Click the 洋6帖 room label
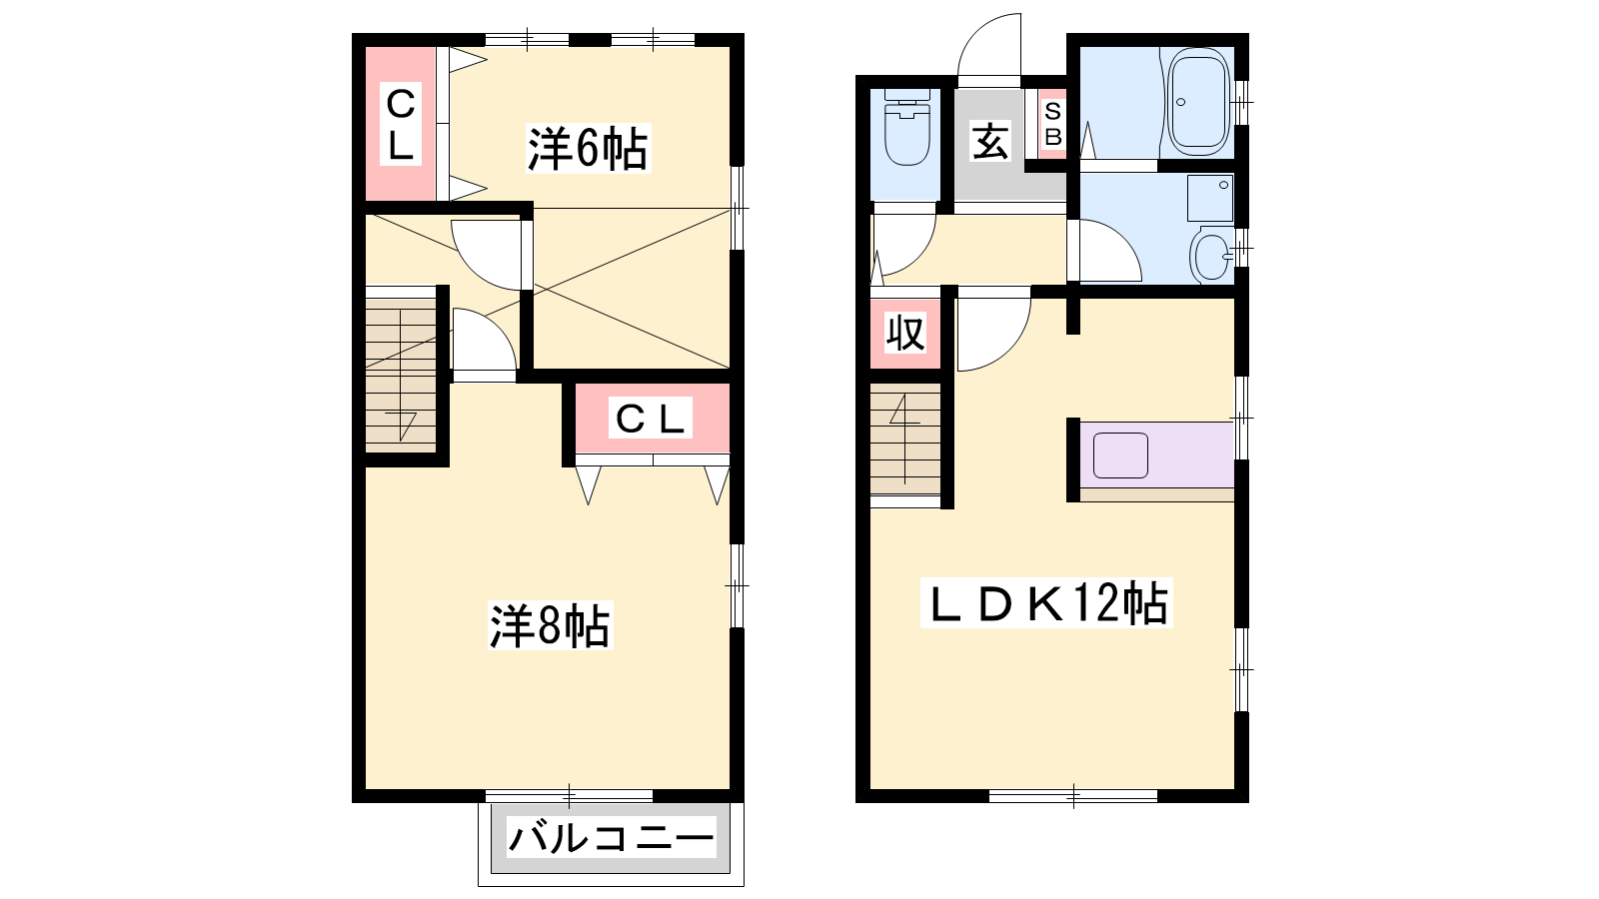[x=588, y=149]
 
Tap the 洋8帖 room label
[x=550, y=625]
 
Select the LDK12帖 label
[x=1046, y=603]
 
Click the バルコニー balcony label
[x=611, y=838]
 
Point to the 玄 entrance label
[x=990, y=141]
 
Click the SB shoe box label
[x=1053, y=124]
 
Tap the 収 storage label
[x=905, y=333]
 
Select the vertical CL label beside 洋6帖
[x=401, y=124]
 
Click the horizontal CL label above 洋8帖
[x=650, y=419]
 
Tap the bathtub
[x=1199, y=101]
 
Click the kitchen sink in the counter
[x=1120, y=455]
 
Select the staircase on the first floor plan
[x=905, y=444]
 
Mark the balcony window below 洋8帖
[x=569, y=795]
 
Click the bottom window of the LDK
[x=1073, y=795]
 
